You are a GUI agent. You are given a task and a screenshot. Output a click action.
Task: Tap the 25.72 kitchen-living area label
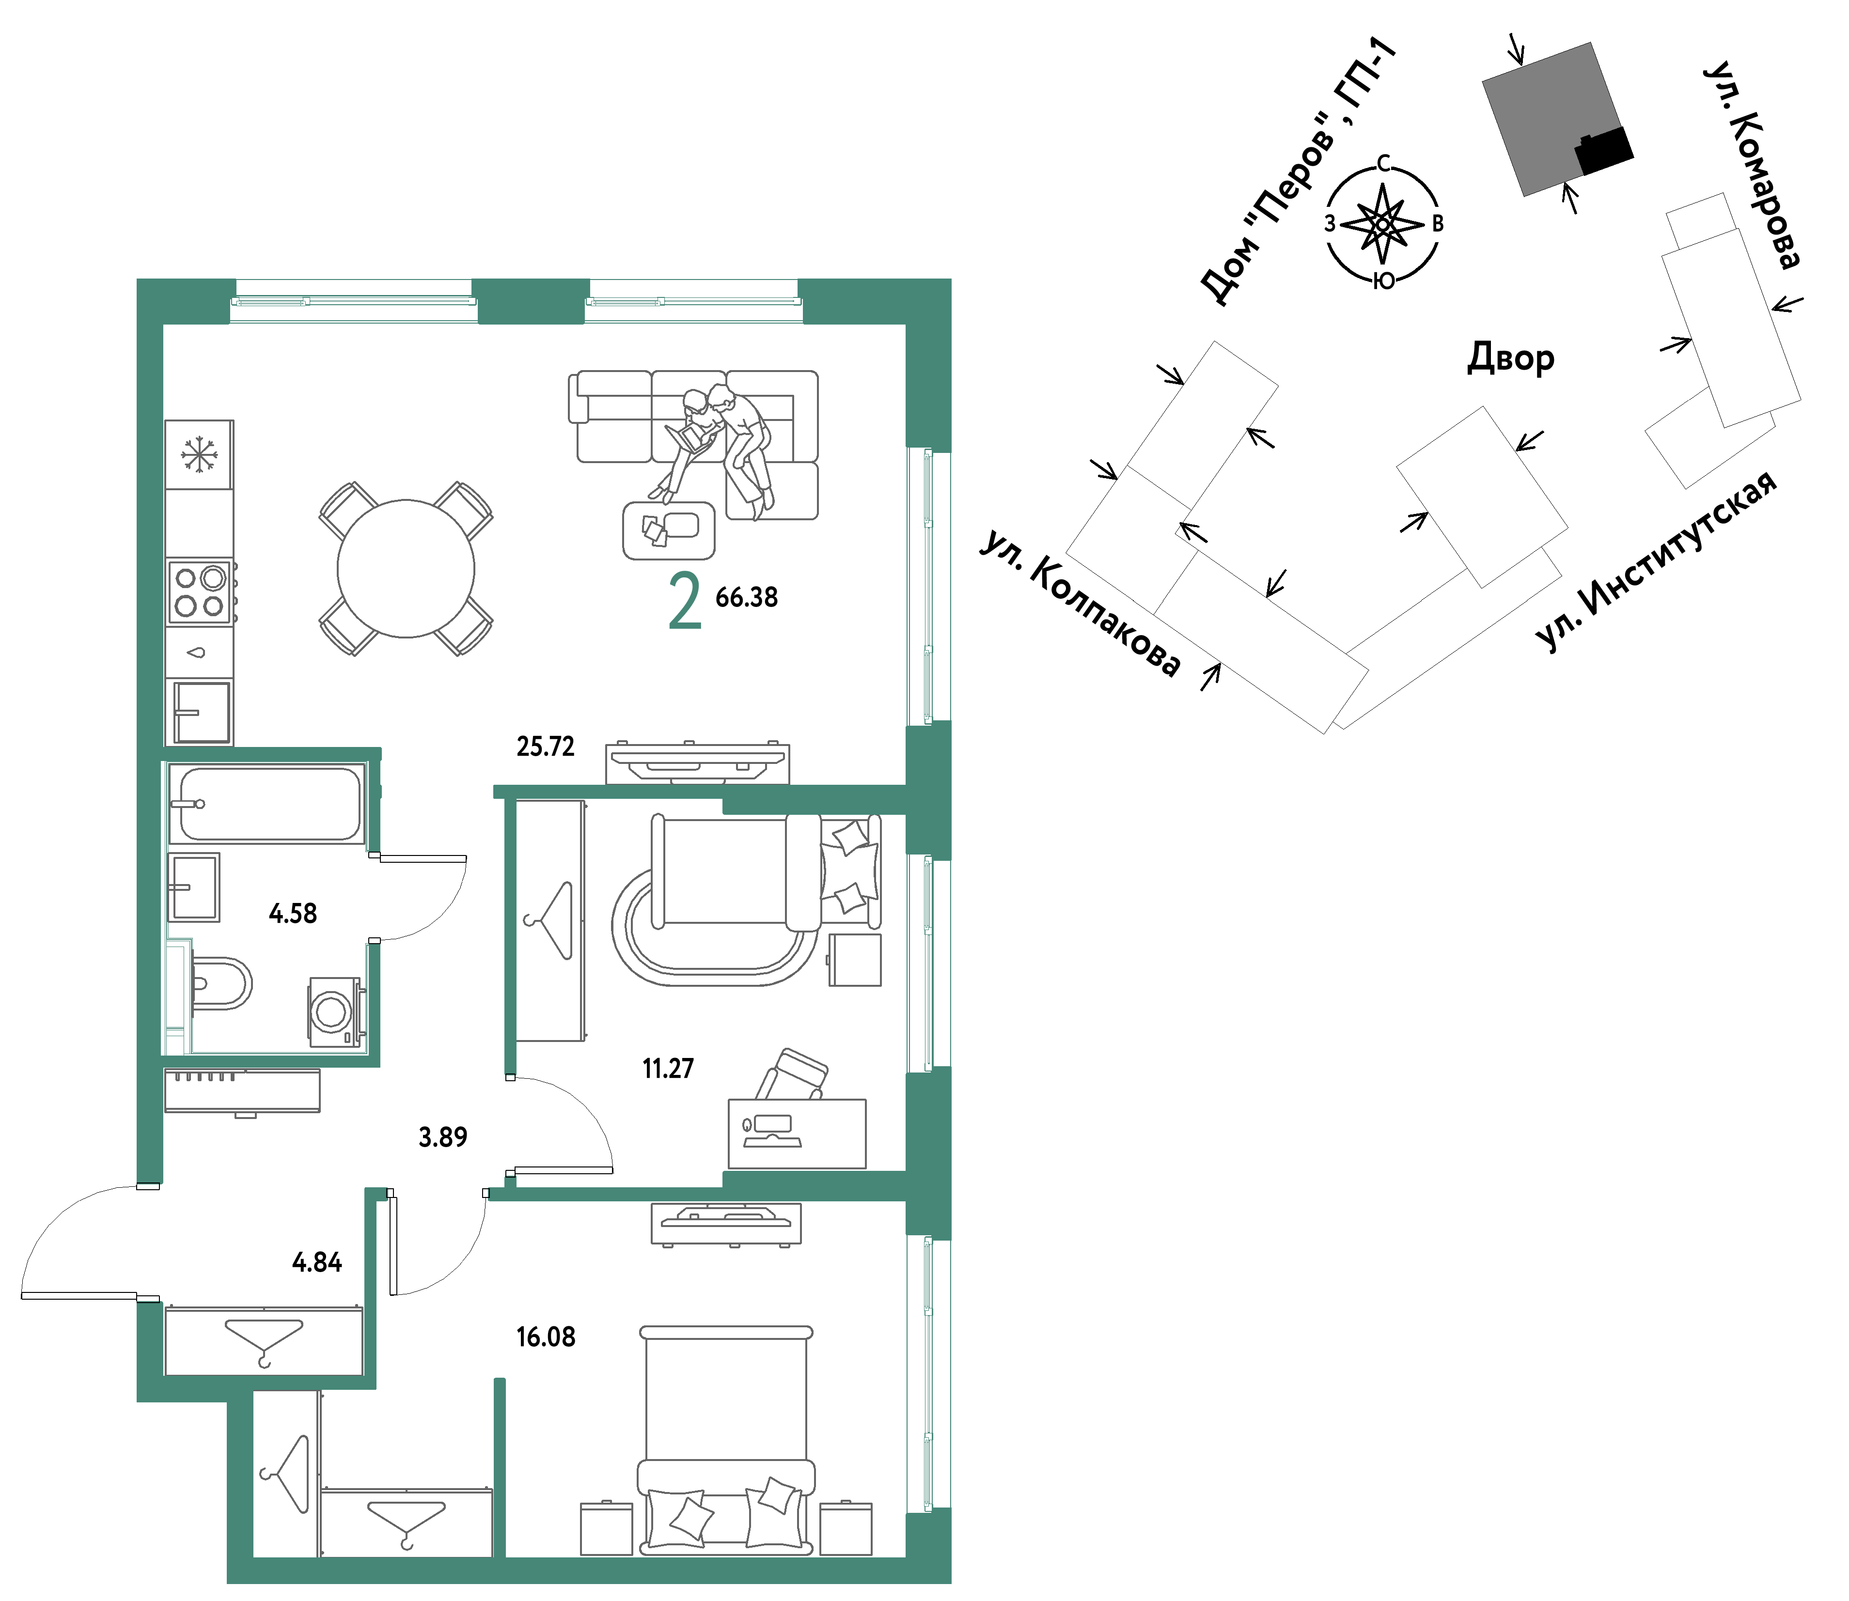545,746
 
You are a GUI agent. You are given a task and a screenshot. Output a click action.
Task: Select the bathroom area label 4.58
293,913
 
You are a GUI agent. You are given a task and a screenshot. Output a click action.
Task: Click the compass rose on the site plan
1382,223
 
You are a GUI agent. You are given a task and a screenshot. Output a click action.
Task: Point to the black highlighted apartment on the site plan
1603,150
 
